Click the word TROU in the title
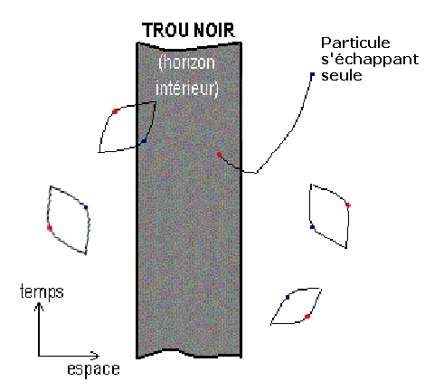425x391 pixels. [165, 30]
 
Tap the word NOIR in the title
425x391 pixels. [214, 30]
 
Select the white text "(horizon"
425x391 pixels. [187, 64]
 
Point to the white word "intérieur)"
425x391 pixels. [187, 89]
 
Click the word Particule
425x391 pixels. [355, 43]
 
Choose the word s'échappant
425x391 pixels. [370, 60]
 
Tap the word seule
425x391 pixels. [342, 75]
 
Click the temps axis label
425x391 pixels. [42, 292]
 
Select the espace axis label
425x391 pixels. [93, 369]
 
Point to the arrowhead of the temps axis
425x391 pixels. [39, 305]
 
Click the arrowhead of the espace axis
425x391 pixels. [96, 356]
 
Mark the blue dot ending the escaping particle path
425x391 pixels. [312, 74]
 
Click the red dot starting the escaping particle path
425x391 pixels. [219, 155]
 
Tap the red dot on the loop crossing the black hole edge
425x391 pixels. [115, 111]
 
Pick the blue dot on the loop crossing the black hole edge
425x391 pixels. [145, 141]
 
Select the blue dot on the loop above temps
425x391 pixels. [86, 207]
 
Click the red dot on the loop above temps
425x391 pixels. [50, 228]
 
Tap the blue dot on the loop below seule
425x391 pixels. [312, 227]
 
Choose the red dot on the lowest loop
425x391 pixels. [307, 316]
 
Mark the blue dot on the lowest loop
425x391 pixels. [288, 298]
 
